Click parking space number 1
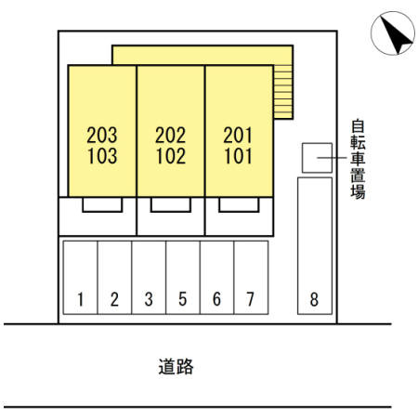coord(80,278)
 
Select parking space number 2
coord(114,278)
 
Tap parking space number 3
coord(149,278)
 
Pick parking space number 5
coord(183,278)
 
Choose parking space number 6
coord(217,278)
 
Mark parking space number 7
coord(251,278)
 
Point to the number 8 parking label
coord(314,299)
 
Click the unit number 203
coord(102,136)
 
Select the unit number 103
coord(102,156)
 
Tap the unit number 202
coord(170,136)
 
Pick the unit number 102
coord(171,156)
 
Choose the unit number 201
coord(238,136)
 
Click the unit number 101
coord(238,156)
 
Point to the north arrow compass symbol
coord(393,33)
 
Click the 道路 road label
coord(176,367)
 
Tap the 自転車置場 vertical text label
coord(358,159)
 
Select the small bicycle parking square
coord(317,158)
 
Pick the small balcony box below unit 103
coord(102,204)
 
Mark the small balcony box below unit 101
coord(239,204)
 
